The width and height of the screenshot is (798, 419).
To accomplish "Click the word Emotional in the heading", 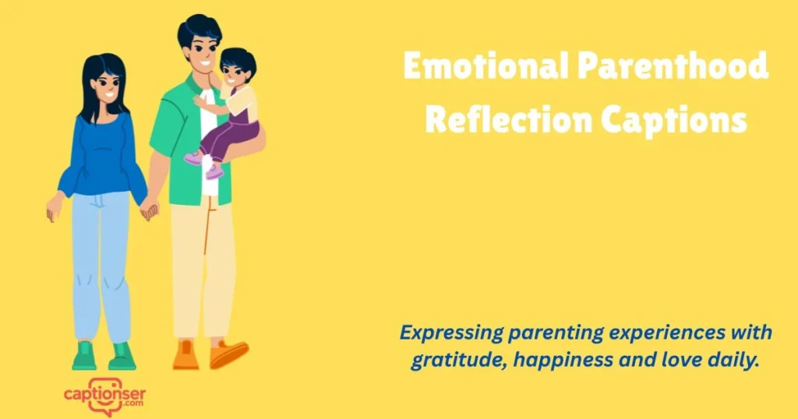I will click(x=484, y=68).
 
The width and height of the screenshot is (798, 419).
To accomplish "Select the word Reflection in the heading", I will click(x=507, y=121).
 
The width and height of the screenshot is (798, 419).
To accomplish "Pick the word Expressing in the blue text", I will click(x=450, y=333).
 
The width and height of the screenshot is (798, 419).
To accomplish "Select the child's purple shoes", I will click(x=204, y=165).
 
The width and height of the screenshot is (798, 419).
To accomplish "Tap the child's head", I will click(x=235, y=67).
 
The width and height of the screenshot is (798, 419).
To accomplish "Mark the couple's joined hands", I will click(x=148, y=209).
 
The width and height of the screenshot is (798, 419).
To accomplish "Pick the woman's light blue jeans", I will click(x=102, y=265).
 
